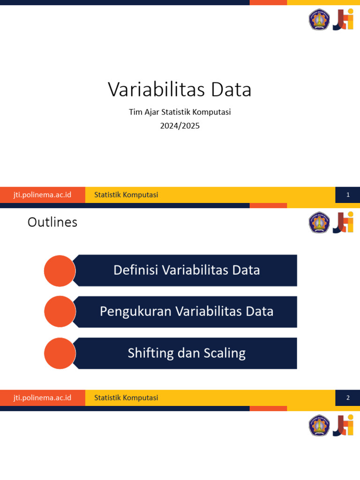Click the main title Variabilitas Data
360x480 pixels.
click(180, 90)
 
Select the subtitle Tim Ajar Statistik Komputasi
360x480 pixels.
click(180, 112)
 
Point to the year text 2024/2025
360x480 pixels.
click(180, 126)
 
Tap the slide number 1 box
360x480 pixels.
click(348, 195)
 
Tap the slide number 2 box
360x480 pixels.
click(348, 398)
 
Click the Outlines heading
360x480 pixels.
click(52, 222)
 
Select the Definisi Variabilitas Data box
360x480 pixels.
click(186, 270)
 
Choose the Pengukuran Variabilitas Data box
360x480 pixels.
click(186, 311)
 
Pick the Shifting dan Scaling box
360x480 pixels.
click(186, 353)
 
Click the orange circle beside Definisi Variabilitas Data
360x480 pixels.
click(60, 270)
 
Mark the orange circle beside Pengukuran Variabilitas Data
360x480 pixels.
click(60, 312)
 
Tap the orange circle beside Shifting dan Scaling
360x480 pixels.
click(60, 353)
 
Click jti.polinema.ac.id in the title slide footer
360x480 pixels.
click(42, 195)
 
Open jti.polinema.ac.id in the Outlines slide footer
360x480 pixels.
click(42, 398)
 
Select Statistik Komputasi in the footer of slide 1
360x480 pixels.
click(126, 195)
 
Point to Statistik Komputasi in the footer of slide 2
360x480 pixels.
click(126, 398)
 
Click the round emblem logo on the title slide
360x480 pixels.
click(319, 20)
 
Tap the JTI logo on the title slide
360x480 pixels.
click(343, 20)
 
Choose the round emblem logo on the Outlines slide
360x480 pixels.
click(319, 223)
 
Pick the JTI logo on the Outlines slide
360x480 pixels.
click(343, 223)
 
